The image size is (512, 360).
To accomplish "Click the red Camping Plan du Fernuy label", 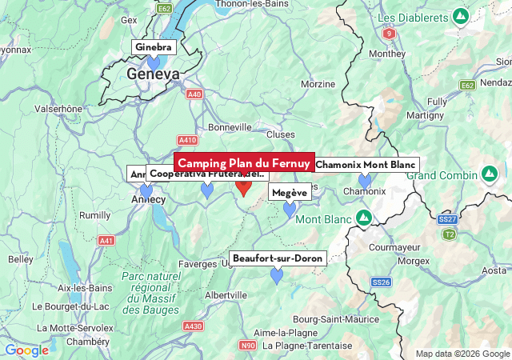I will pos(244,163).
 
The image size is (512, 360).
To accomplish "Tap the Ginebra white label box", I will pos(153,47).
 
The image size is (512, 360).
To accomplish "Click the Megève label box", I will pos(290,193).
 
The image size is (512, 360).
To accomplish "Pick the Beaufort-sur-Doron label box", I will pos(277,258).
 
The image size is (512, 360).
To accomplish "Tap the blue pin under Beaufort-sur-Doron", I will pos(277,275).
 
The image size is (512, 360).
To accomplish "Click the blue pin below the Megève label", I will pos(290,210).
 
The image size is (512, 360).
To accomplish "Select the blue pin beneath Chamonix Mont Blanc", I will pos(365,181).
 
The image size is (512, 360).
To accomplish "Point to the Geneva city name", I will pos(153,74).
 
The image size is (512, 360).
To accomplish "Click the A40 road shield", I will pos(194,94).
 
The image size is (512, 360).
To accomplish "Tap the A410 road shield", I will pos(188,140).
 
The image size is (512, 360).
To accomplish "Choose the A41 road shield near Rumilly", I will pos(106,240).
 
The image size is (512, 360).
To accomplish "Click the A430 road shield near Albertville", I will pos(193,326).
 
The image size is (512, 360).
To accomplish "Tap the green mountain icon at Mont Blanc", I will pos(364,218).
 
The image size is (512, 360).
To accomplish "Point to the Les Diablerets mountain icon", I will pos(460,16).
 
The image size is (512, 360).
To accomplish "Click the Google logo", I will pos(26,350).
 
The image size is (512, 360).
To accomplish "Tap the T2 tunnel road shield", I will pos(450,234).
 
